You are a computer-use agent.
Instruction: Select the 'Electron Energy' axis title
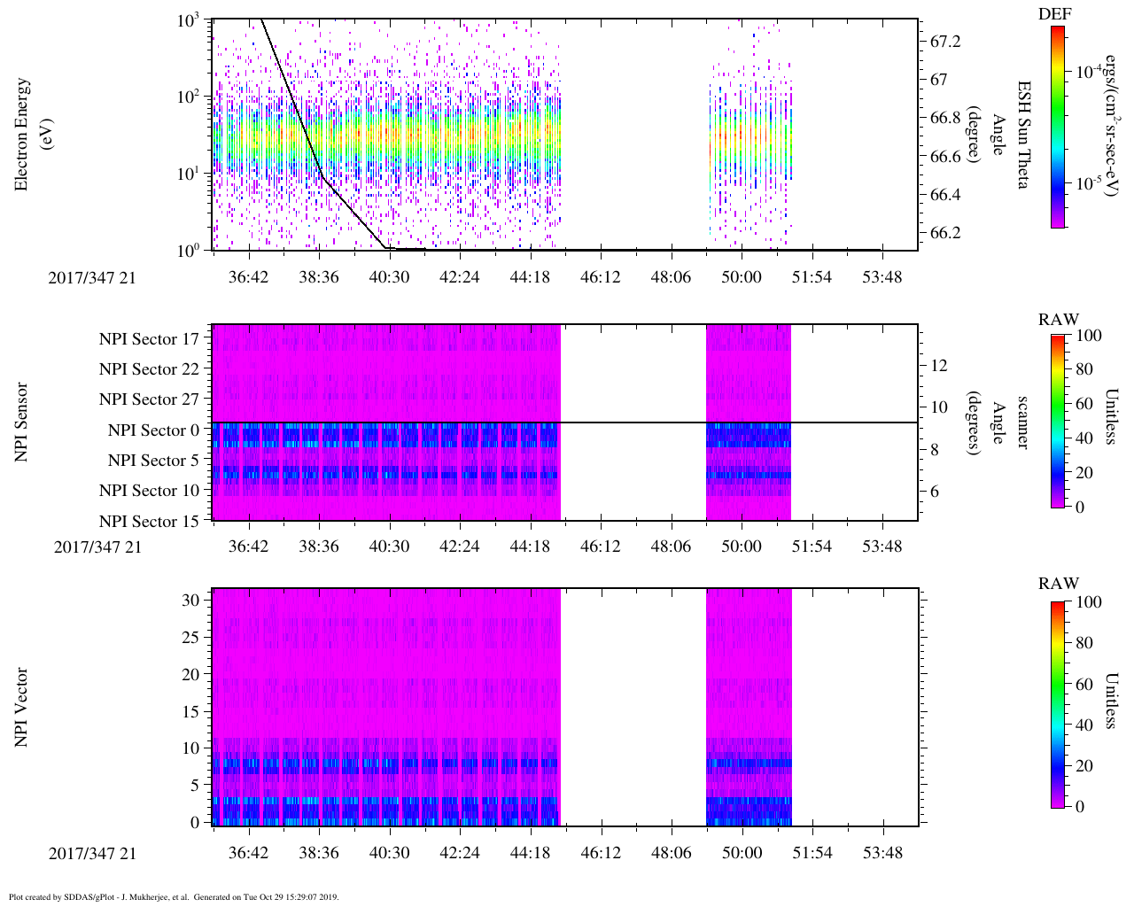pos(22,135)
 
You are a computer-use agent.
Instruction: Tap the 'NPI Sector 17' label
pos(149,338)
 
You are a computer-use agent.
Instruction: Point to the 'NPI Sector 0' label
pos(153,430)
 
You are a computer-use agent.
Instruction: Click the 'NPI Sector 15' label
pos(149,522)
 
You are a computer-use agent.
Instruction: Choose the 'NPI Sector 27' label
pos(149,399)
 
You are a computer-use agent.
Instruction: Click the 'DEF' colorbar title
pos(1054,14)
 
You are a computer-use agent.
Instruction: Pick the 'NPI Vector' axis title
pos(22,708)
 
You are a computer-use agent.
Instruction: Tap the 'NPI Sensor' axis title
pos(22,422)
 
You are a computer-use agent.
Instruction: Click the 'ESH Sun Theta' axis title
pos(1023,135)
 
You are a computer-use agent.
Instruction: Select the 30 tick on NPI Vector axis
pos(191,601)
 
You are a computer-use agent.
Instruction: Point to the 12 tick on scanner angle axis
pos(939,365)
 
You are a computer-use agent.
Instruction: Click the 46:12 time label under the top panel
pos(600,278)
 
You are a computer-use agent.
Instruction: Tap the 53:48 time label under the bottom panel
pos(882,853)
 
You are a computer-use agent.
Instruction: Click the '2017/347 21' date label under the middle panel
pos(97,547)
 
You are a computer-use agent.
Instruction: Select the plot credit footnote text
pos(174,896)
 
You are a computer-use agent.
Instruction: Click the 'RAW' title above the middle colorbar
pos(1059,320)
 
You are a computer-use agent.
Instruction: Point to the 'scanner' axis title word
pos(1023,422)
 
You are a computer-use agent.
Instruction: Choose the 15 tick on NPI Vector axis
pos(191,711)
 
